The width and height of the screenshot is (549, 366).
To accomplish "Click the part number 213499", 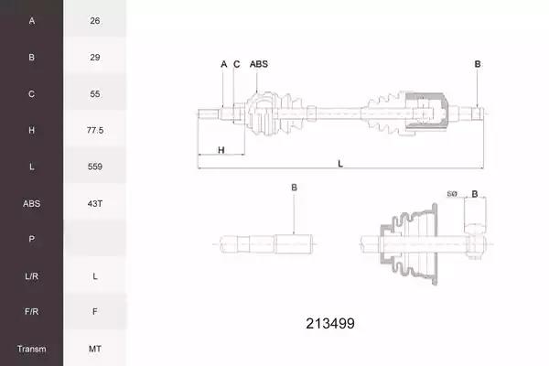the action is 330,323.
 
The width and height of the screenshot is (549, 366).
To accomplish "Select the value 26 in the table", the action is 95,21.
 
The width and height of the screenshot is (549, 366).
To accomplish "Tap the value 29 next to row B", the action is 95,57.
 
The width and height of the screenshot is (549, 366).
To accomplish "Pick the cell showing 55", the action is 95,94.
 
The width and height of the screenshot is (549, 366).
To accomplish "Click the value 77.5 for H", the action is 95,130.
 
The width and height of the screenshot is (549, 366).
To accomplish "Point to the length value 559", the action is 95,167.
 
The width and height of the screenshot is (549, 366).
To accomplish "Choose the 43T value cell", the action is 95,203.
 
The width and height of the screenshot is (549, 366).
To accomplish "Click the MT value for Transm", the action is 95,349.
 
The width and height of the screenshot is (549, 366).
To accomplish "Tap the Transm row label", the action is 31,349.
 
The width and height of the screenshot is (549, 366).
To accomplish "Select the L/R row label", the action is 31,276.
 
